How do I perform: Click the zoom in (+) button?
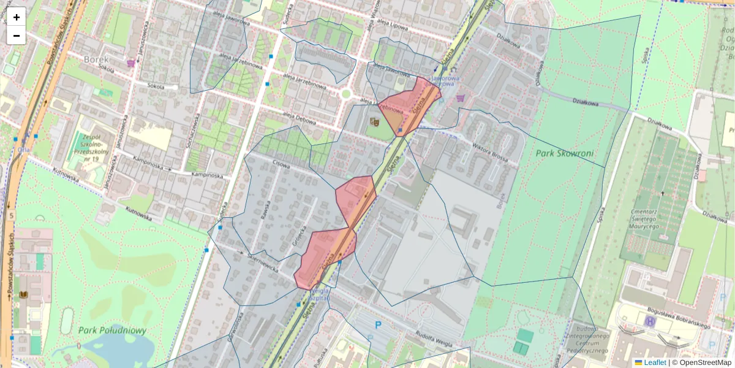tap(17, 17)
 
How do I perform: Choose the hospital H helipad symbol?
tap(649, 321)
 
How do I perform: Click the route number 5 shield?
tap(11, 216)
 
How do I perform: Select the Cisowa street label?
tap(281, 164)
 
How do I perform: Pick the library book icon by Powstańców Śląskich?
tap(24, 296)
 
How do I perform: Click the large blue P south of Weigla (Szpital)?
tap(378, 326)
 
